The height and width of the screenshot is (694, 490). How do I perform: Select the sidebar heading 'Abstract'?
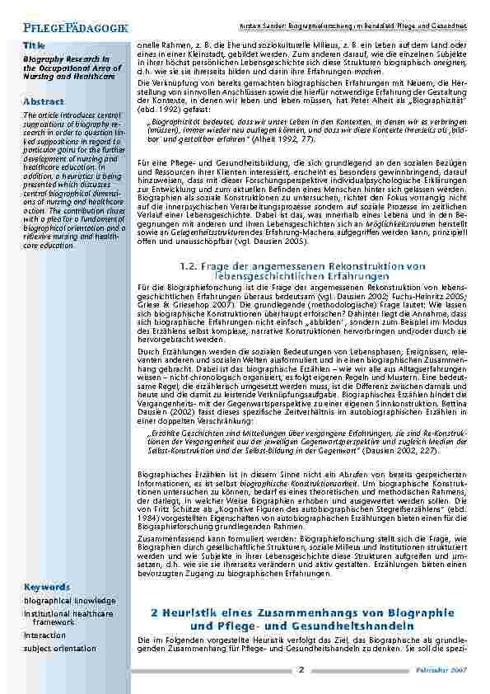click(44, 101)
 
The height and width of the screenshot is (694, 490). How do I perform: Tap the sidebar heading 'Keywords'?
click(47, 586)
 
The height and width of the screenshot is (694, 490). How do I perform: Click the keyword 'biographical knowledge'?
click(69, 601)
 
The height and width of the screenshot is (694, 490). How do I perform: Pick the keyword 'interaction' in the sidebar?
click(44, 635)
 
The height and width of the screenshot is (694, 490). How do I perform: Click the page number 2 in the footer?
click(301, 668)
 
